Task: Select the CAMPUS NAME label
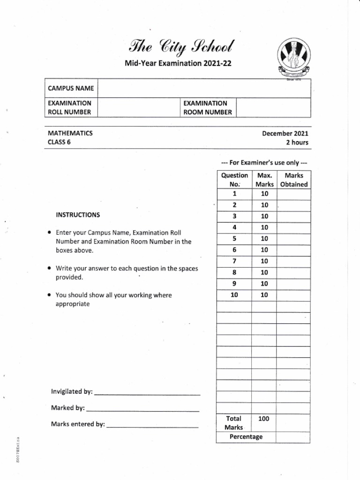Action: coord(71,88)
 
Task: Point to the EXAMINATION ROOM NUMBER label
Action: coord(207,107)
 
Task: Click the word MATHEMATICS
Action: coord(70,133)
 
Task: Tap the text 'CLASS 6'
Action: coord(59,142)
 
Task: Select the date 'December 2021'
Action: coord(285,133)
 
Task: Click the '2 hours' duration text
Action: coord(297,142)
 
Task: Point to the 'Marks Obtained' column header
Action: coord(293,180)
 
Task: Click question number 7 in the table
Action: coord(234,261)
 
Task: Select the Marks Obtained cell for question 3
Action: coord(293,216)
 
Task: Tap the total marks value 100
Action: coord(263,419)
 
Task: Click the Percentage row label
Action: coord(246,437)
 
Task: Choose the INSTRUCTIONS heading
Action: coord(78,215)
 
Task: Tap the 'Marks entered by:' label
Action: coord(78,424)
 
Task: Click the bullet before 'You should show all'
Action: coord(50,295)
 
